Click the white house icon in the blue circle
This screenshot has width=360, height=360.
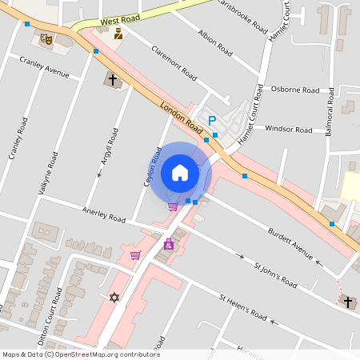pos(180,172)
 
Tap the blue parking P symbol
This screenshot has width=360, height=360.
pos(212,121)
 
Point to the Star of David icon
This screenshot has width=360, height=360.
pos(114,298)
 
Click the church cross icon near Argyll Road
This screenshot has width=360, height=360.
pos(113,80)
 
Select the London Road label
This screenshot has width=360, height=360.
pos(182,115)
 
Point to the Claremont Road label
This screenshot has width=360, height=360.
pos(174,62)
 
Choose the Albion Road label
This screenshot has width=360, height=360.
pos(214,45)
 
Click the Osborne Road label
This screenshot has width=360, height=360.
pos(295,90)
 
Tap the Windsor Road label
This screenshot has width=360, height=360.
pos(288,129)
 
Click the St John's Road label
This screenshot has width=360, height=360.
pos(275,273)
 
